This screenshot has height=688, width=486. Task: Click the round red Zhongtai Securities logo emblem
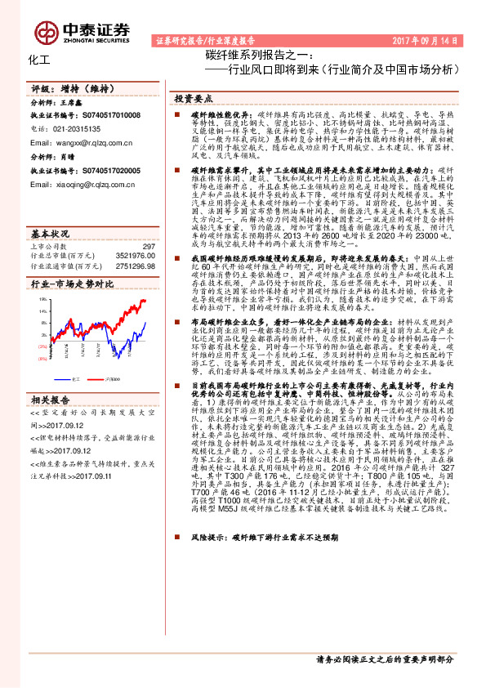click(49, 30)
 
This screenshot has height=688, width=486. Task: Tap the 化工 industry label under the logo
click(38, 60)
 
